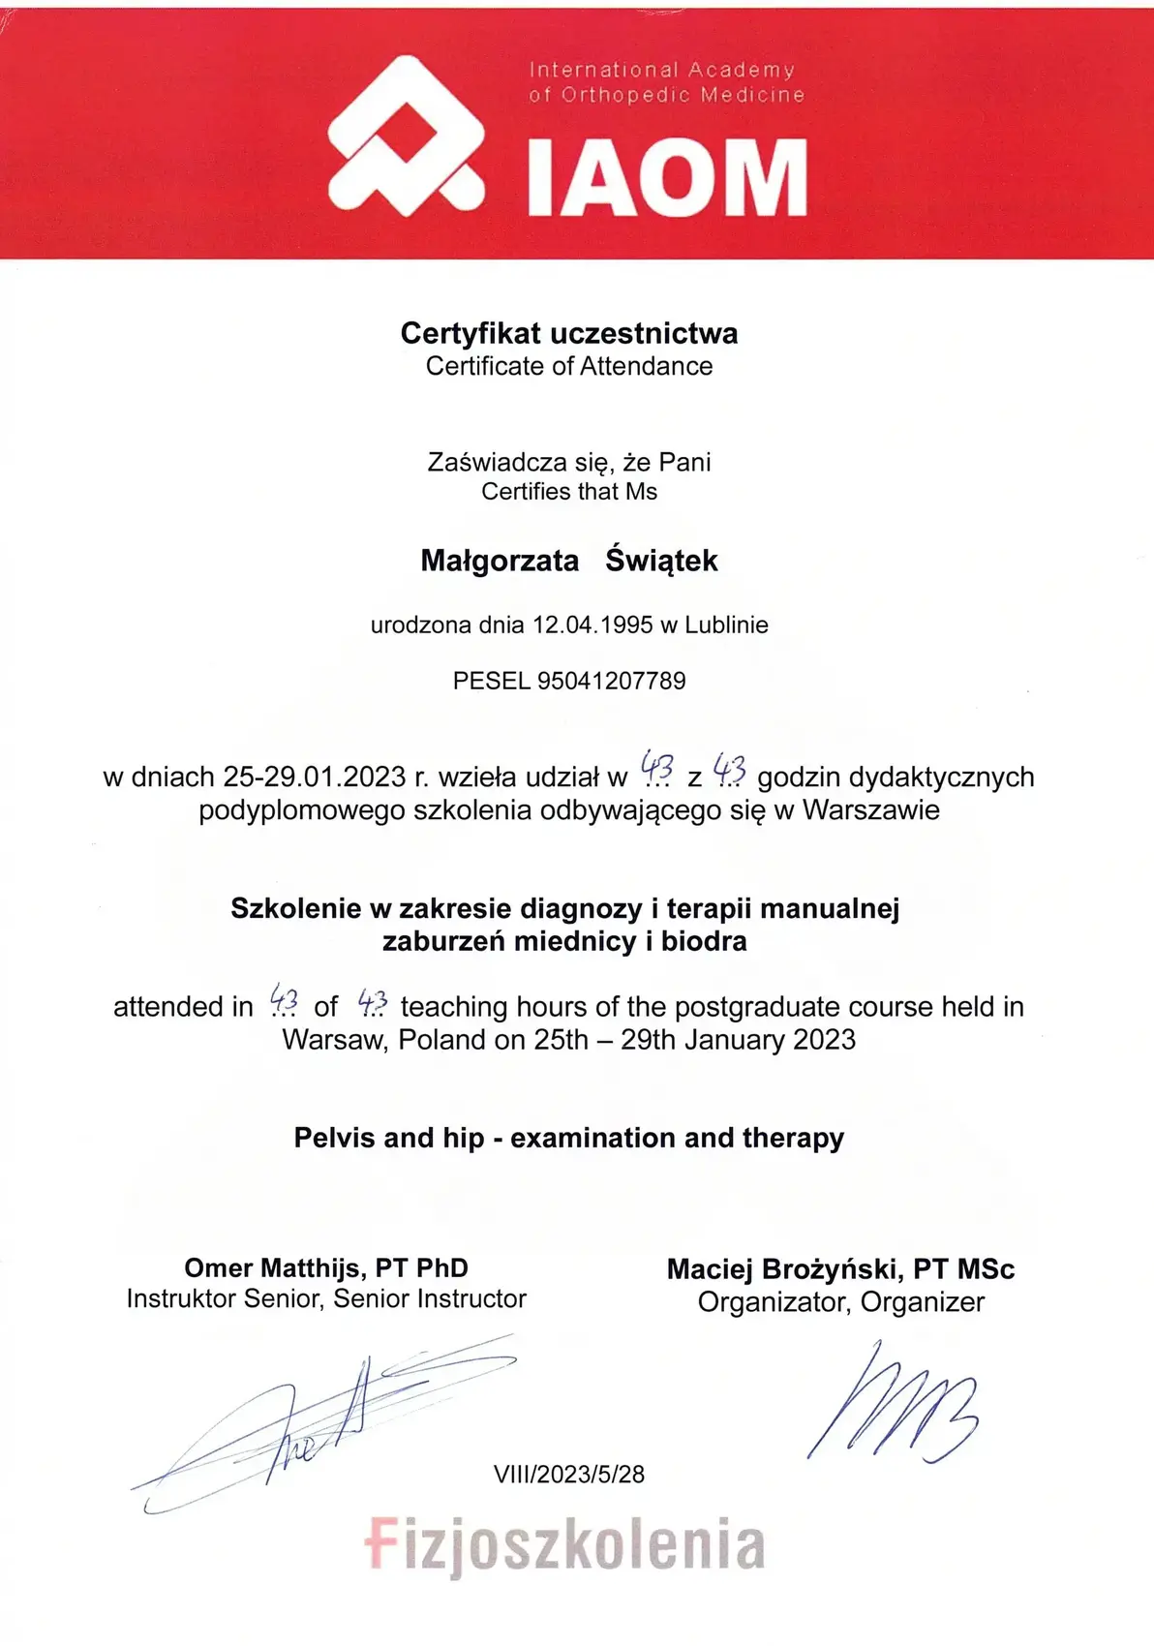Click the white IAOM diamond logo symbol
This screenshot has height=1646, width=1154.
406,137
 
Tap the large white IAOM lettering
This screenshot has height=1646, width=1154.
668,178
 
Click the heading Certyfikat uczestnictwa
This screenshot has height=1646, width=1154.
569,333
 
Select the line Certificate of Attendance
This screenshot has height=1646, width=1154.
569,366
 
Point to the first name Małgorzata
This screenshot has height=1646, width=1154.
500,561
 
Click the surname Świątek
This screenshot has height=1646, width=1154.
662,561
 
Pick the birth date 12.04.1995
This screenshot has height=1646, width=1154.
592,625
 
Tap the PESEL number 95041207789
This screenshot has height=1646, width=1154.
611,681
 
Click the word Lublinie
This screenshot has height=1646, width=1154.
726,625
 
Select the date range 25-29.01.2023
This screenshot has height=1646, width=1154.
314,777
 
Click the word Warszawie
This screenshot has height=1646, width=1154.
870,809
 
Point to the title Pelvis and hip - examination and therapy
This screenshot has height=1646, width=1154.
569,1138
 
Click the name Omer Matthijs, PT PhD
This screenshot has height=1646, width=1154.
326,1267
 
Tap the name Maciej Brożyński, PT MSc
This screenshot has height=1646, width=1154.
840,1268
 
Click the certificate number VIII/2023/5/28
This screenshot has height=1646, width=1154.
569,1474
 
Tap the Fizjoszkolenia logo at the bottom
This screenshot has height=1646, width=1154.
565,1544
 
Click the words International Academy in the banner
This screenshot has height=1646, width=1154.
662,70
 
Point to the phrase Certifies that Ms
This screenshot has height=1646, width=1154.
569,492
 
